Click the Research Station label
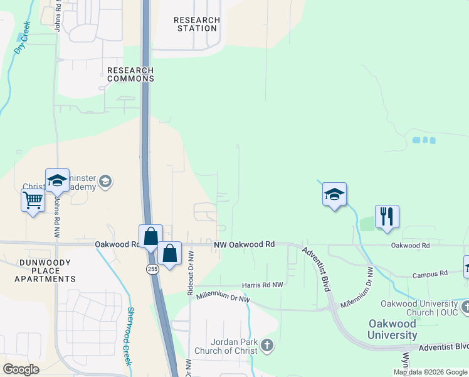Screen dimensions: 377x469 click(x=198, y=24)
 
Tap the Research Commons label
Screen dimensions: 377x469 click(x=130, y=74)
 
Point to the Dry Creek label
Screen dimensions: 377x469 click(x=23, y=38)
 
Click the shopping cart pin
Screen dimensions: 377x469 click(x=33, y=201)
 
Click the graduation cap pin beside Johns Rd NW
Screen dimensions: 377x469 click(x=57, y=180)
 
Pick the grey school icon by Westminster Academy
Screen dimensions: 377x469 click(x=105, y=182)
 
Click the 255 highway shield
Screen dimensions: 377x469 click(x=152, y=269)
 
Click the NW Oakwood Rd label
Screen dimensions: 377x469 click(x=244, y=244)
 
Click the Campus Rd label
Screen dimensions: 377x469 click(x=429, y=275)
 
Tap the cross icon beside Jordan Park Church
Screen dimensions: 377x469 click(x=267, y=344)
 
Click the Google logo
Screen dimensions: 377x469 click(x=21, y=369)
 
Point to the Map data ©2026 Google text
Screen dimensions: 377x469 click(x=430, y=372)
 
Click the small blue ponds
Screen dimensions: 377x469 click(x=424, y=139)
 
